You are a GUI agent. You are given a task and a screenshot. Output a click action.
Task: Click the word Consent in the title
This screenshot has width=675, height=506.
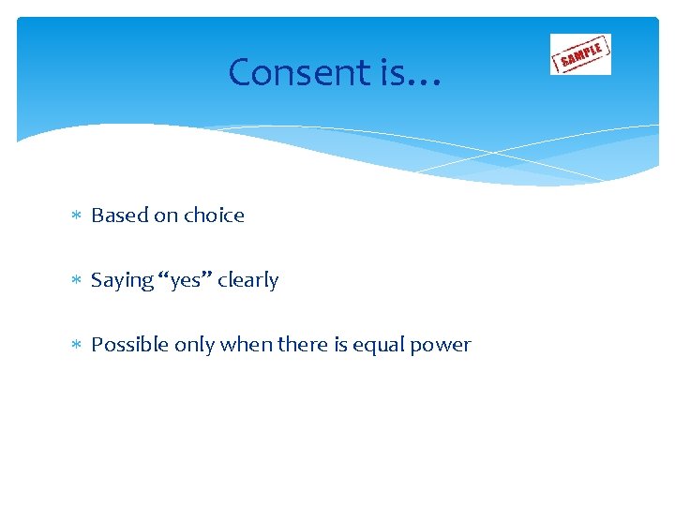tap(299, 72)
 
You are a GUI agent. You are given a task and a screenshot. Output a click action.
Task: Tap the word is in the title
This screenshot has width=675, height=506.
tap(392, 72)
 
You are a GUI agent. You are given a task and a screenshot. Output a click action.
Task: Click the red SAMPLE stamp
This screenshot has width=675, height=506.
tap(580, 53)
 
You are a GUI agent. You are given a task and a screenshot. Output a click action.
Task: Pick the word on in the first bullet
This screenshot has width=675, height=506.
tap(166, 216)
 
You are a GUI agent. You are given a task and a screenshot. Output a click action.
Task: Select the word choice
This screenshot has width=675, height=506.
tap(214, 216)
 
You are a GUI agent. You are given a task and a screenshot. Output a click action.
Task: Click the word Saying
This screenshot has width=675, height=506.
tap(122, 280)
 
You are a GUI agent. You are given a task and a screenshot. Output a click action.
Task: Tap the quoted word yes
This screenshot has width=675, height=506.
tap(185, 281)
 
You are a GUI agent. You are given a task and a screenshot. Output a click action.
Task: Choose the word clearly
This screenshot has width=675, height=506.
tap(247, 280)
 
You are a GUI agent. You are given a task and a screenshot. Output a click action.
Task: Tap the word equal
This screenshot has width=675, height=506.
tap(379, 346)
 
